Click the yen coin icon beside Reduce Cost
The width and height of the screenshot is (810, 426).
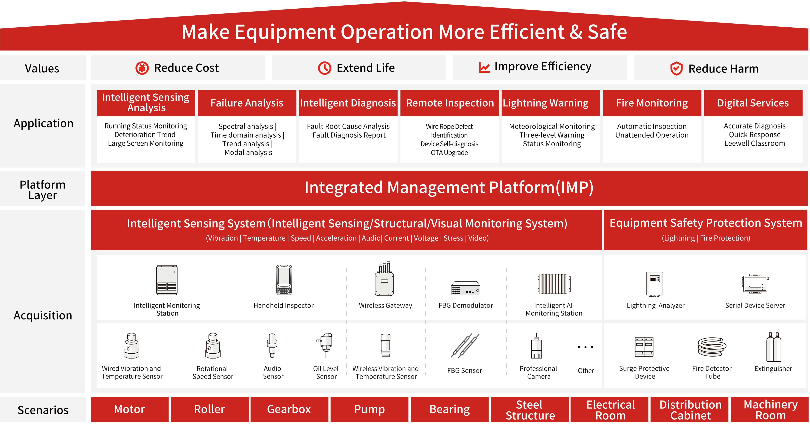coord(142,68)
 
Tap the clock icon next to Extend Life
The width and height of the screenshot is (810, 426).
coord(325,68)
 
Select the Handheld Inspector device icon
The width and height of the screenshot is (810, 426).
coord(284,280)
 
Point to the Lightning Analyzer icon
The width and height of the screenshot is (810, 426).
coord(655,284)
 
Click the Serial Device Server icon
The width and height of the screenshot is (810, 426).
coord(755,284)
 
